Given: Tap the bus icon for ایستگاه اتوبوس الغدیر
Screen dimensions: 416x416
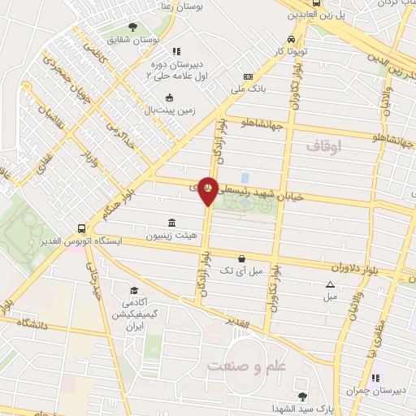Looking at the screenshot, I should [81, 229].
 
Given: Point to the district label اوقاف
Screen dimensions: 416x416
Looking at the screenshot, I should [325, 146].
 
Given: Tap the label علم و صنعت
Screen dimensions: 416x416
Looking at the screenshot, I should [248, 366].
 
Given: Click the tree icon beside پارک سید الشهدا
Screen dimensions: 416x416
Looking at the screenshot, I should [302, 396].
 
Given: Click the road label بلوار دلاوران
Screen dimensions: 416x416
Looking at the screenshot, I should [357, 268].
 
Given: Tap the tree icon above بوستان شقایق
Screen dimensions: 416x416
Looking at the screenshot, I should [133, 28].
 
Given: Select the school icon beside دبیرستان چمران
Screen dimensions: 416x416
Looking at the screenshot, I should [375, 378].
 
